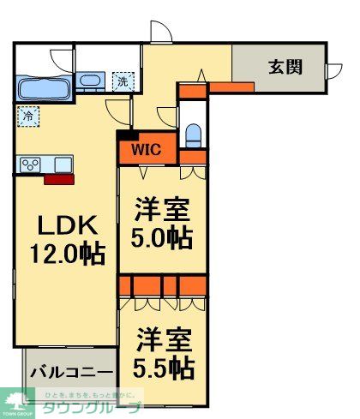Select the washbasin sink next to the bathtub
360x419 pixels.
point(91,82)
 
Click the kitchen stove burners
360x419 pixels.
point(32,164)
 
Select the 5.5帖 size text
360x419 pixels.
point(163,368)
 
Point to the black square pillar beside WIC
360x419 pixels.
point(125,134)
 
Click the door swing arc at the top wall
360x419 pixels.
point(159,31)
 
